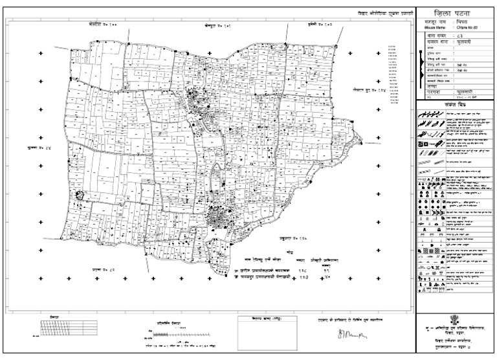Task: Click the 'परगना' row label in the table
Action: [x=432, y=94]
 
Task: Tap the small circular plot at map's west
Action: [x=80, y=195]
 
